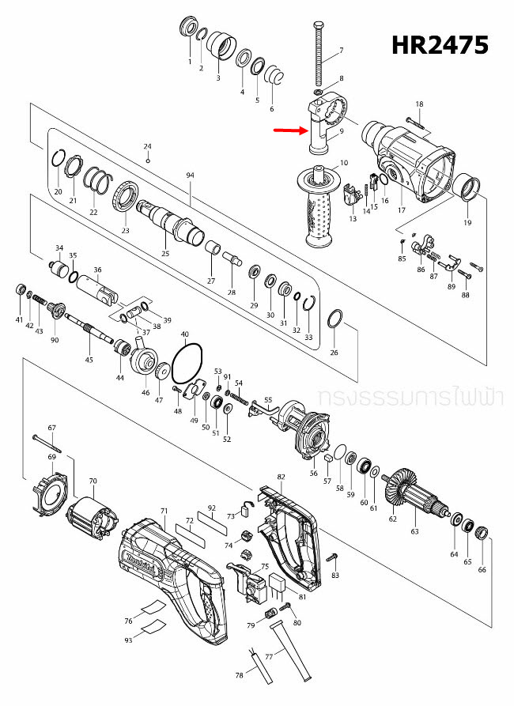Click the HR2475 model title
click(440, 45)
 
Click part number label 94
click(190, 174)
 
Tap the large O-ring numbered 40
click(187, 366)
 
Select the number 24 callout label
click(147, 146)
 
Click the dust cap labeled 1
click(189, 27)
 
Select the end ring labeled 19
click(468, 190)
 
